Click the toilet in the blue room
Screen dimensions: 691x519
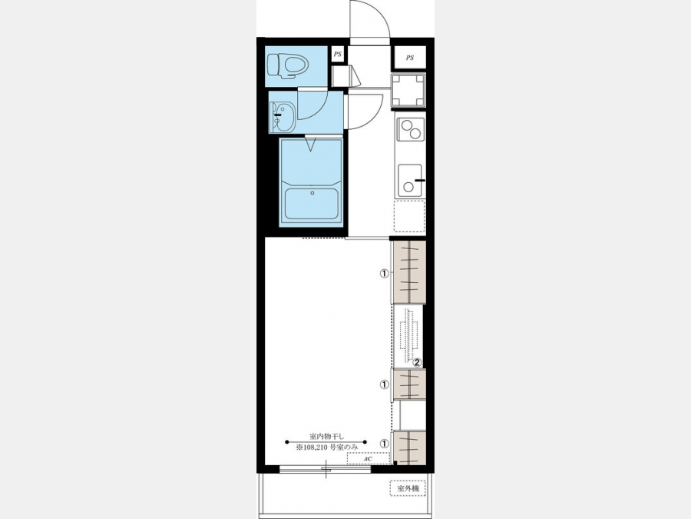tap(288, 66)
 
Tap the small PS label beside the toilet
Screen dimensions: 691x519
tap(338, 55)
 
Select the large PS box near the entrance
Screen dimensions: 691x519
tap(410, 58)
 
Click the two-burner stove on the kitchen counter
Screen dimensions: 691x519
tap(410, 129)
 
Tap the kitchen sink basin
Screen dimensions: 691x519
tap(410, 181)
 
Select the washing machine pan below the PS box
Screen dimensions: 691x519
tap(408, 91)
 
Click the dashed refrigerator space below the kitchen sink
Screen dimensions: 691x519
tap(409, 216)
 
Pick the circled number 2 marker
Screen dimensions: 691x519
tap(417, 362)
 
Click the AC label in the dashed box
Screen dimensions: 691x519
tap(368, 459)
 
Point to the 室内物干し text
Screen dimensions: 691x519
tap(326, 436)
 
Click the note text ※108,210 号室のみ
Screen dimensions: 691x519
tap(327, 447)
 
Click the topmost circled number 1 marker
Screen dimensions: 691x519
tap(385, 274)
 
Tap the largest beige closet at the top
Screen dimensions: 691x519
tap(409, 272)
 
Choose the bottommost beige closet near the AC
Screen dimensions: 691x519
tap(410, 447)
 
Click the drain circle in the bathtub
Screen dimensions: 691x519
tap(312, 193)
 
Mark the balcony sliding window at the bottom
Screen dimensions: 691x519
tap(326, 469)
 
